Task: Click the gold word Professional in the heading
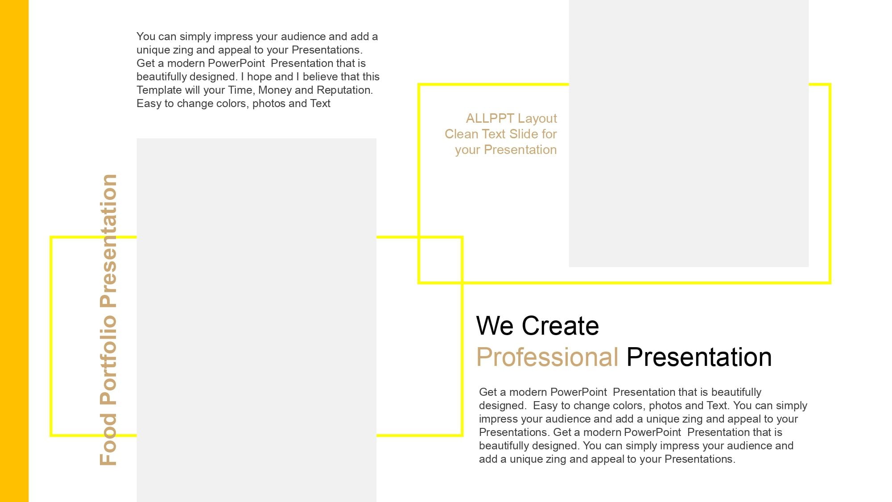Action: coord(547,358)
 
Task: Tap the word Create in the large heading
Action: coord(560,326)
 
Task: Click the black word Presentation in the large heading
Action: coord(699,357)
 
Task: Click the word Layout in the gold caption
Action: coord(537,119)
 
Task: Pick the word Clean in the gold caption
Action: coord(461,134)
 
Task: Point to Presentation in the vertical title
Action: coord(108,241)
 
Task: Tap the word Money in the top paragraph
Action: coord(275,90)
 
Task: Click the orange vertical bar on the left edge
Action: coord(14,251)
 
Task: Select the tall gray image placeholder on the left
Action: coord(256,320)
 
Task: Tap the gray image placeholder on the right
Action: coord(689,133)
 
